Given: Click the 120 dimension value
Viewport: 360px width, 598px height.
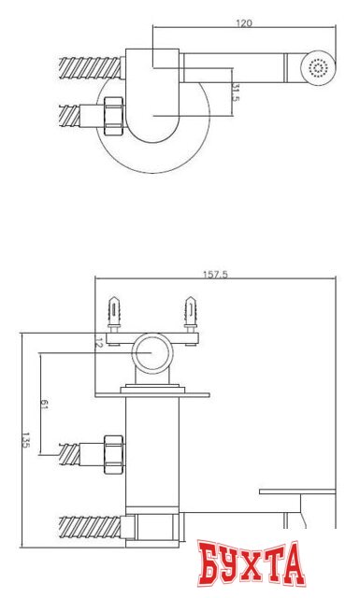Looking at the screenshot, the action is pyautogui.click(x=244, y=23).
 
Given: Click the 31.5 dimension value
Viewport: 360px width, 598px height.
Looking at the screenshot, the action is pyautogui.click(x=236, y=93).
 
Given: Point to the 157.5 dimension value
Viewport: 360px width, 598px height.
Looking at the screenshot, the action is pyautogui.click(x=215, y=275).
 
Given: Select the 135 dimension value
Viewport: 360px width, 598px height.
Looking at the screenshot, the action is pyautogui.click(x=25, y=440).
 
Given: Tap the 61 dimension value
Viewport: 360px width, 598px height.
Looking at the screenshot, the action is pyautogui.click(x=43, y=405).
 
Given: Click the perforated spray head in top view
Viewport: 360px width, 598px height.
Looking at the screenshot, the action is pyautogui.click(x=318, y=67).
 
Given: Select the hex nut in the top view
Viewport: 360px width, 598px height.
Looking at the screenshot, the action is pyautogui.click(x=114, y=116).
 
